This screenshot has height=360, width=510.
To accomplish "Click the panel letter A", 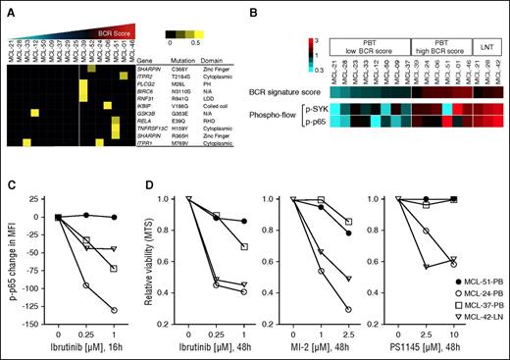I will click(8, 8).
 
